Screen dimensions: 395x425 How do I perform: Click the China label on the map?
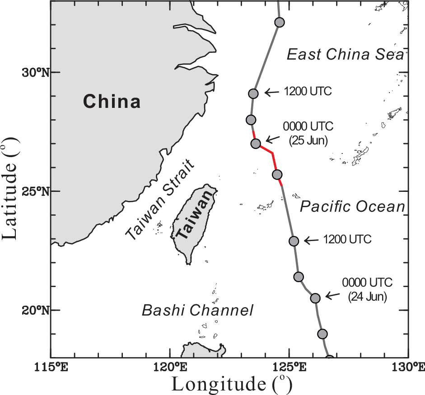point(112,101)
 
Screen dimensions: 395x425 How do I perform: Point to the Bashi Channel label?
point(197,311)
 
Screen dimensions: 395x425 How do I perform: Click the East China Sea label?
point(345,55)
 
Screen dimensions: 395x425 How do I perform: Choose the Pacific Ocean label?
point(352,207)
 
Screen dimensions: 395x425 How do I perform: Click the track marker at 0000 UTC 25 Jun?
point(256,144)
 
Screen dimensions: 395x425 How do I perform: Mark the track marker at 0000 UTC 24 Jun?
point(315,298)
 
